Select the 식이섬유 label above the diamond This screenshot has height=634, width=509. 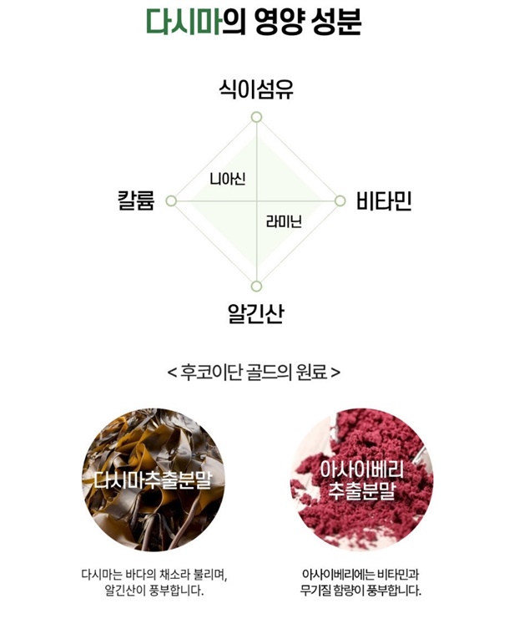[x=256, y=89]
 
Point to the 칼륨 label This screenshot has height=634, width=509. [x=137, y=201]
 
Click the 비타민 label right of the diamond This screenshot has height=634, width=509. [x=384, y=201]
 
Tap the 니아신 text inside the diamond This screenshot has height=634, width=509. [x=227, y=178]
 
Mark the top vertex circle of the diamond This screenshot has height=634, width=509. [x=257, y=117]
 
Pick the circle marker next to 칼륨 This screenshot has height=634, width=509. [x=171, y=201]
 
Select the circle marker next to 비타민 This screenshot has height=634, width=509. [x=340, y=201]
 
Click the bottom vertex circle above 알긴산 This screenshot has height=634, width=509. [x=257, y=287]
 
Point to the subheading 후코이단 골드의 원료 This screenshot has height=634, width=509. [x=254, y=370]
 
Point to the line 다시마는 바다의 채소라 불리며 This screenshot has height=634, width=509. [x=154, y=576]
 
